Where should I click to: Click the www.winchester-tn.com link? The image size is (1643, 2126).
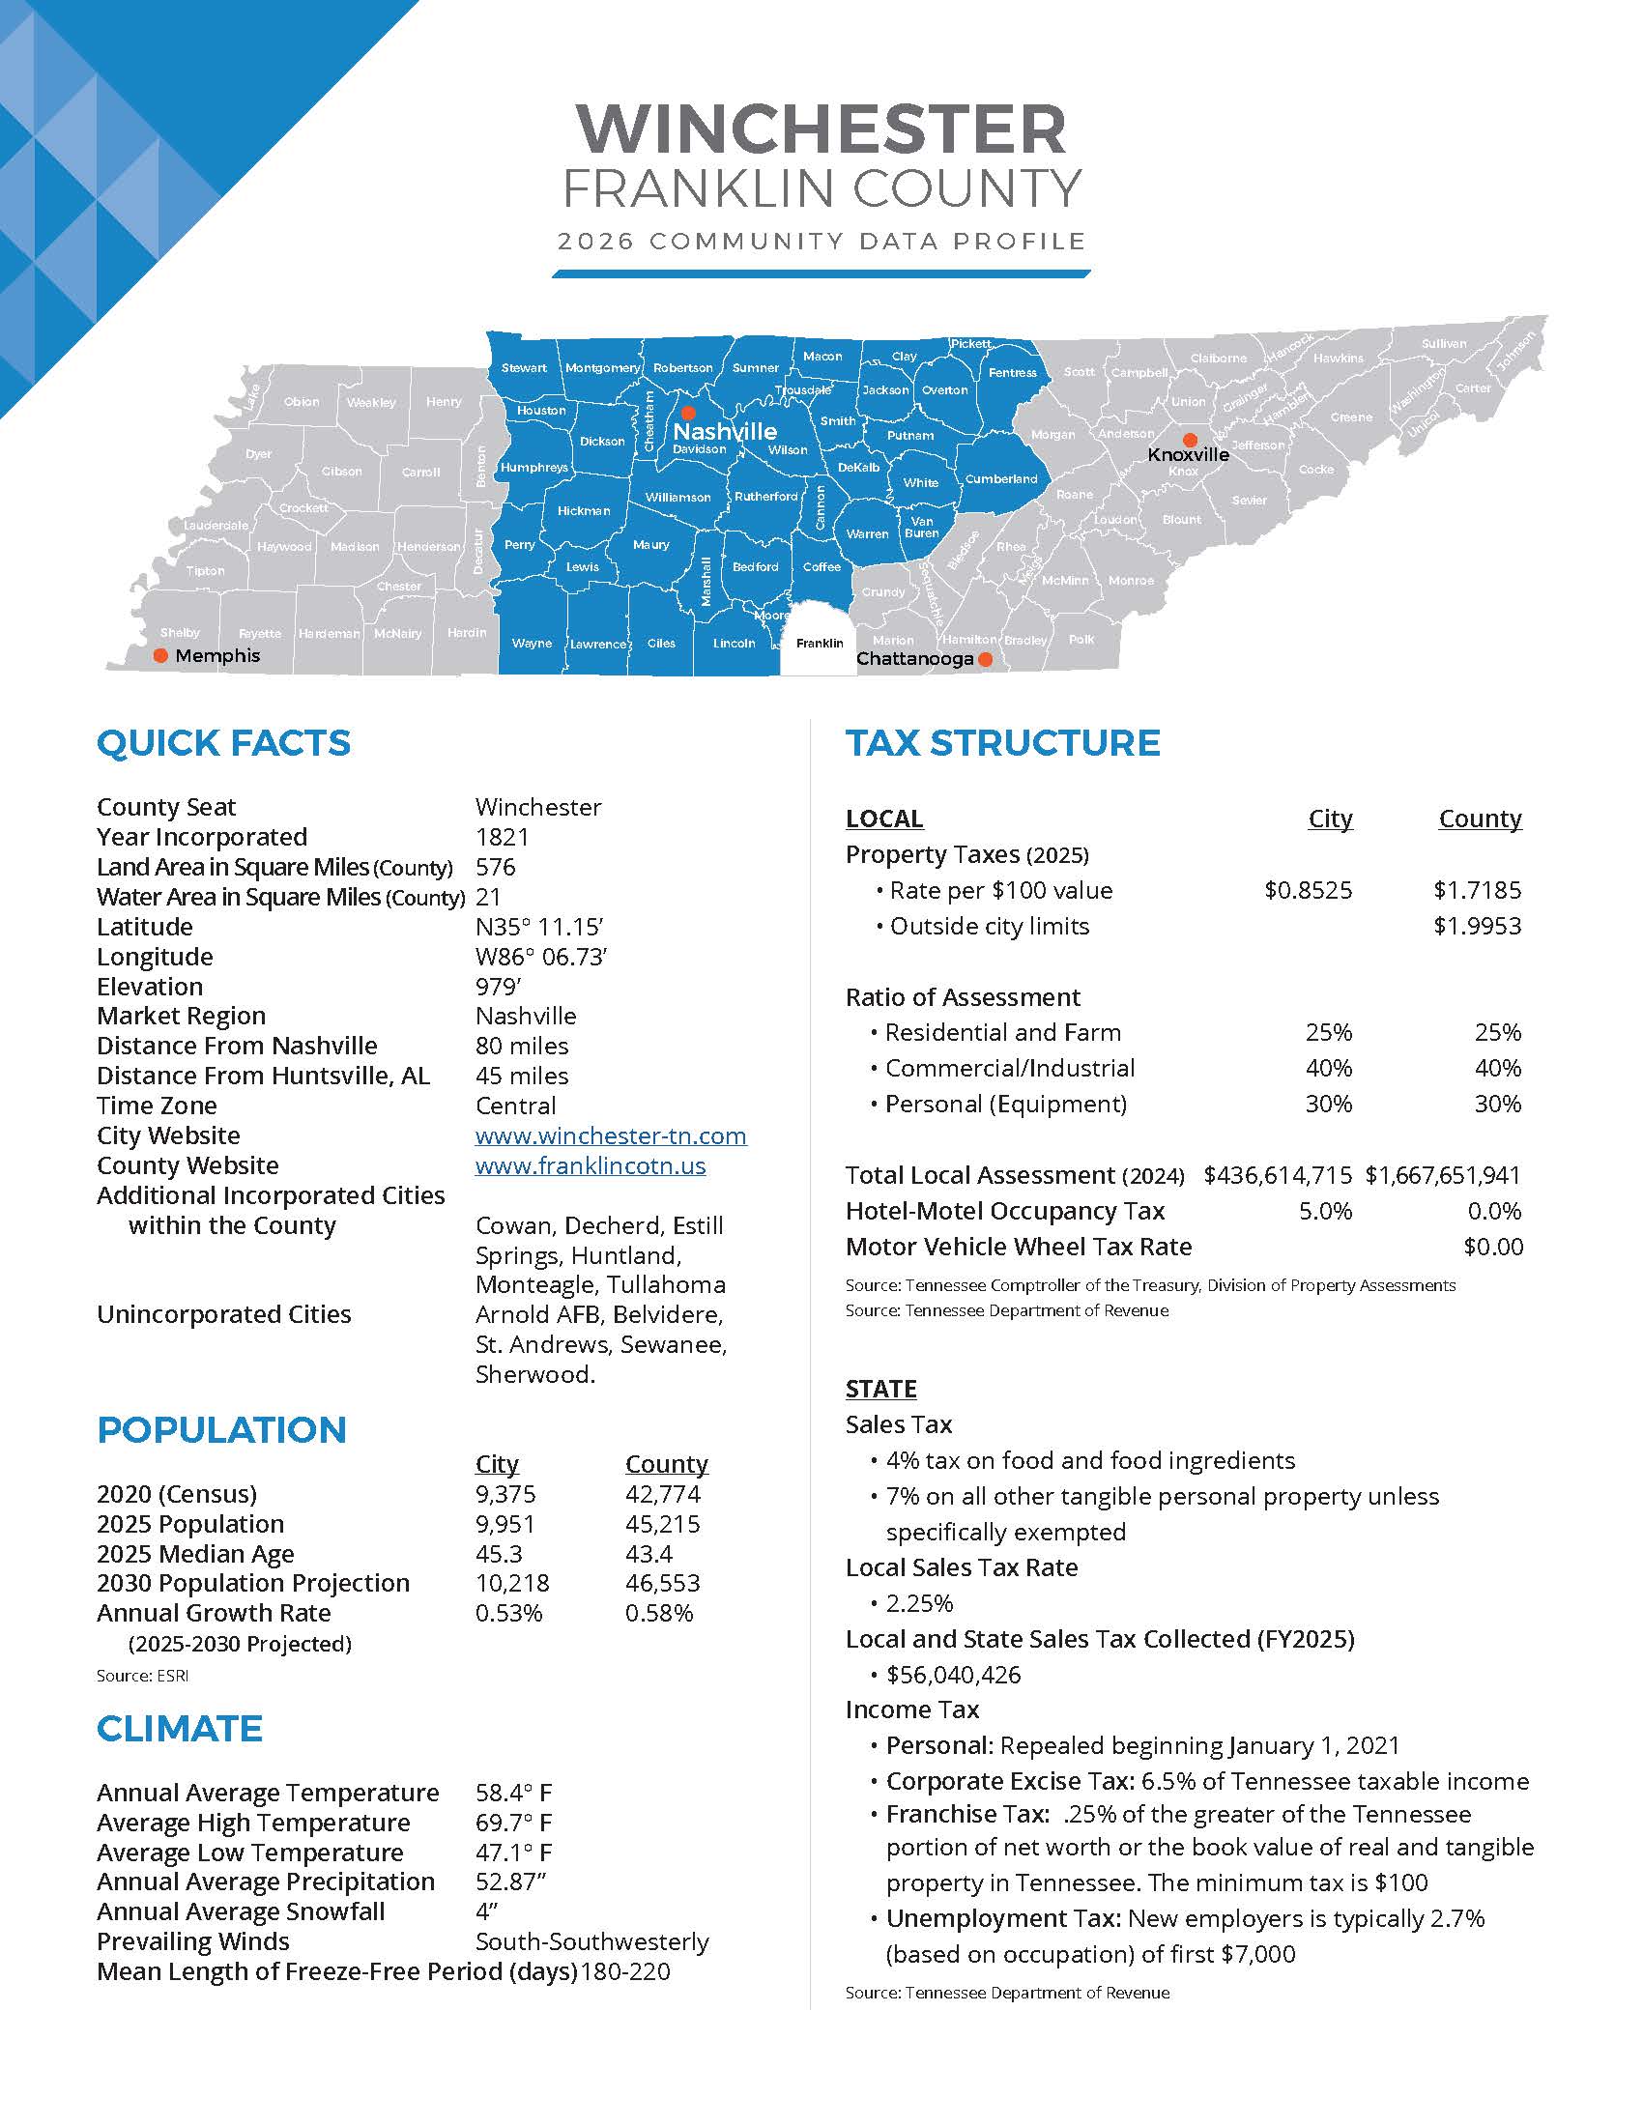(x=610, y=1135)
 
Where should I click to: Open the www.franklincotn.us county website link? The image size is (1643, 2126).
(x=590, y=1165)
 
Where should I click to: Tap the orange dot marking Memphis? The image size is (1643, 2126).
(x=160, y=656)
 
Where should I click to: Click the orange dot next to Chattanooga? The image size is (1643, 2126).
(x=985, y=659)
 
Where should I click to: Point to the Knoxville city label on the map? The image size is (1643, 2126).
(x=1188, y=454)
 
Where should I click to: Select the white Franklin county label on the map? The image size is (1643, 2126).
(x=820, y=644)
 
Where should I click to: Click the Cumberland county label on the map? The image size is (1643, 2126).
(x=1000, y=479)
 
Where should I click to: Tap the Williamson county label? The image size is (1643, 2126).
(x=677, y=498)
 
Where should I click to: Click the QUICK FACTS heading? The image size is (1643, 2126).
(x=223, y=743)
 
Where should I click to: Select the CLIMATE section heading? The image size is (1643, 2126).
(x=179, y=1728)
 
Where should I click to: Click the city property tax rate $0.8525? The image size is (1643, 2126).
(x=1308, y=890)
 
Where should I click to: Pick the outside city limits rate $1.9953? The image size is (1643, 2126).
(x=1477, y=926)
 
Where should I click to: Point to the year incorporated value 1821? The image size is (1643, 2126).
(x=503, y=837)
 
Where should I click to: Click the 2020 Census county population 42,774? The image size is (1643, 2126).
(x=662, y=1493)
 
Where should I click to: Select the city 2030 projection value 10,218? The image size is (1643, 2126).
(x=512, y=1583)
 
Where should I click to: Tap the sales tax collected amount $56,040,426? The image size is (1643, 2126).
(x=953, y=1675)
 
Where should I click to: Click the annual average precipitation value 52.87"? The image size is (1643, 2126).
(x=510, y=1882)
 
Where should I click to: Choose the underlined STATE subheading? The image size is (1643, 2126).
(x=880, y=1388)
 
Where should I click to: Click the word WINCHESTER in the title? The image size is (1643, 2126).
(x=821, y=129)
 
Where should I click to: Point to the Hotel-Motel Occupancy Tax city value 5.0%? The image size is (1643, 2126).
(x=1325, y=1211)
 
